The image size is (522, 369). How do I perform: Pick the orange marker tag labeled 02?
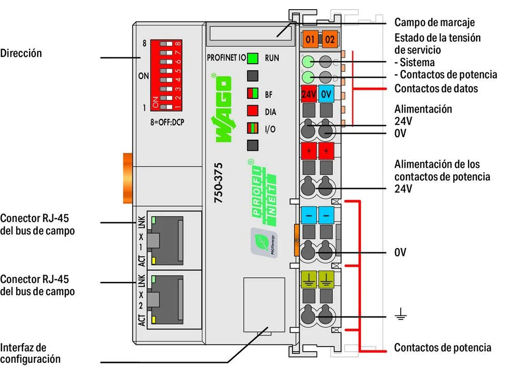[x=329, y=38]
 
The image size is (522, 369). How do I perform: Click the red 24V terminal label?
[x=309, y=94]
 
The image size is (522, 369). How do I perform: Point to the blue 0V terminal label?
[x=327, y=94]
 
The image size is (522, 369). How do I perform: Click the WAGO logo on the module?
[x=222, y=109]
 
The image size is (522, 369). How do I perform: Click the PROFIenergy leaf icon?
[x=264, y=242]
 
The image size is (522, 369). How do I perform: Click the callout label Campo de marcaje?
[x=434, y=22]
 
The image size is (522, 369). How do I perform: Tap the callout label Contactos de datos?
[x=436, y=88]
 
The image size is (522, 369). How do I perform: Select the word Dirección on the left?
[x=21, y=52]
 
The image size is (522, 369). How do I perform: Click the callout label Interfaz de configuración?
[x=30, y=353]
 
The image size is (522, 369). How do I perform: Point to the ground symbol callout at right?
[x=401, y=316]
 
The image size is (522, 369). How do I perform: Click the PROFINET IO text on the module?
[x=226, y=58]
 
